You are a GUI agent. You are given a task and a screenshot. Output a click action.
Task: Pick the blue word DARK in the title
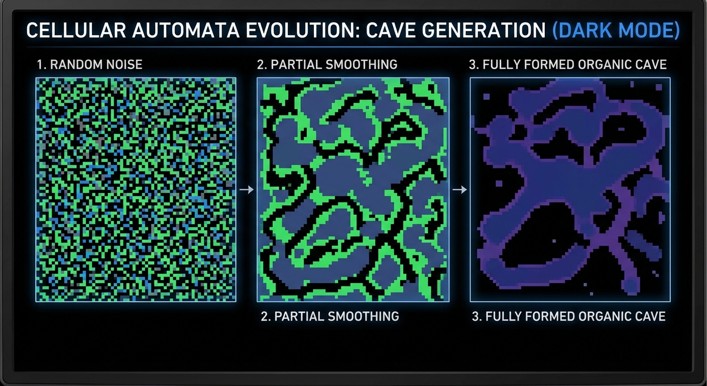[x=584, y=31]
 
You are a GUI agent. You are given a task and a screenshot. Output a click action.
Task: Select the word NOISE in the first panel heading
[x=125, y=65]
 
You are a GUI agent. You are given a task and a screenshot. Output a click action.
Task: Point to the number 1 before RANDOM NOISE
[x=39, y=65]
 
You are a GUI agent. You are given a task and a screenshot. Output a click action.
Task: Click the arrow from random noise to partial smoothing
[x=247, y=189]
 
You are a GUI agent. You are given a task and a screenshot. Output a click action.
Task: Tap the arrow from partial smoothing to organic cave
[x=459, y=189]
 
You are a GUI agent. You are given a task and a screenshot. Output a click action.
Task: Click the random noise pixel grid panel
[x=136, y=189]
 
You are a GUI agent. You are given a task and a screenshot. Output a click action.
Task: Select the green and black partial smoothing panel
[x=353, y=189]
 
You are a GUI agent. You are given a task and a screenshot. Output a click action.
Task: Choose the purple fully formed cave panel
[x=570, y=189]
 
